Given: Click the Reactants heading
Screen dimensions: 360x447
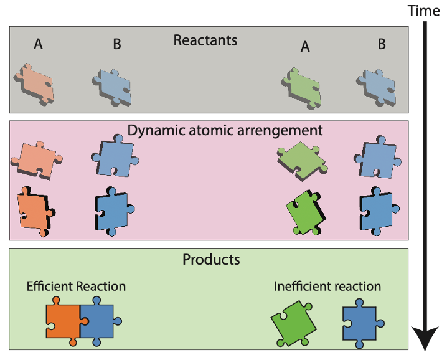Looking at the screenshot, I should (205, 41).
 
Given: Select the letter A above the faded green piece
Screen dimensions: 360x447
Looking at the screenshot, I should (305, 47).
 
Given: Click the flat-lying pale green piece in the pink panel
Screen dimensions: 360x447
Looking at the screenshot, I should (302, 159).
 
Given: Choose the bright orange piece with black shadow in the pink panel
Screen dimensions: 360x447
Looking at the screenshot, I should (34, 211).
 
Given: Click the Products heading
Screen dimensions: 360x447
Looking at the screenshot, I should (211, 259).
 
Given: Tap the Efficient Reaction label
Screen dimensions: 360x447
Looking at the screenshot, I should (76, 287).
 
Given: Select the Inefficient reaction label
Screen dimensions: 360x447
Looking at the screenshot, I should (327, 287).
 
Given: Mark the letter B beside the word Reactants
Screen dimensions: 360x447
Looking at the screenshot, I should (117, 44).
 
